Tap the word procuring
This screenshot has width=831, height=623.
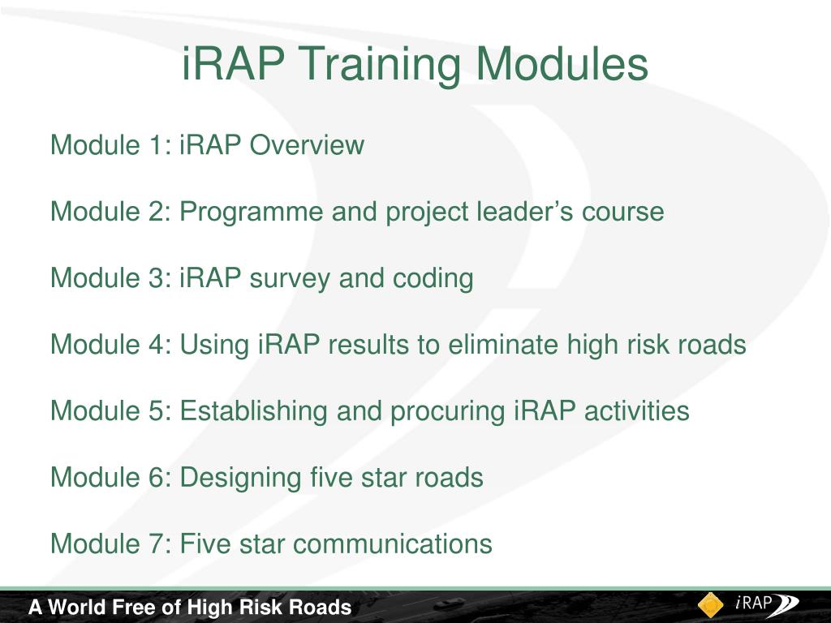pos(448,412)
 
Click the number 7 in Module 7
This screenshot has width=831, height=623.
pos(157,544)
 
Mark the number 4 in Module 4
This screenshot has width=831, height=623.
pos(157,346)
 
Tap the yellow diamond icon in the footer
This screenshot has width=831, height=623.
pos(711,605)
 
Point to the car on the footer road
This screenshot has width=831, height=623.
pos(451,604)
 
